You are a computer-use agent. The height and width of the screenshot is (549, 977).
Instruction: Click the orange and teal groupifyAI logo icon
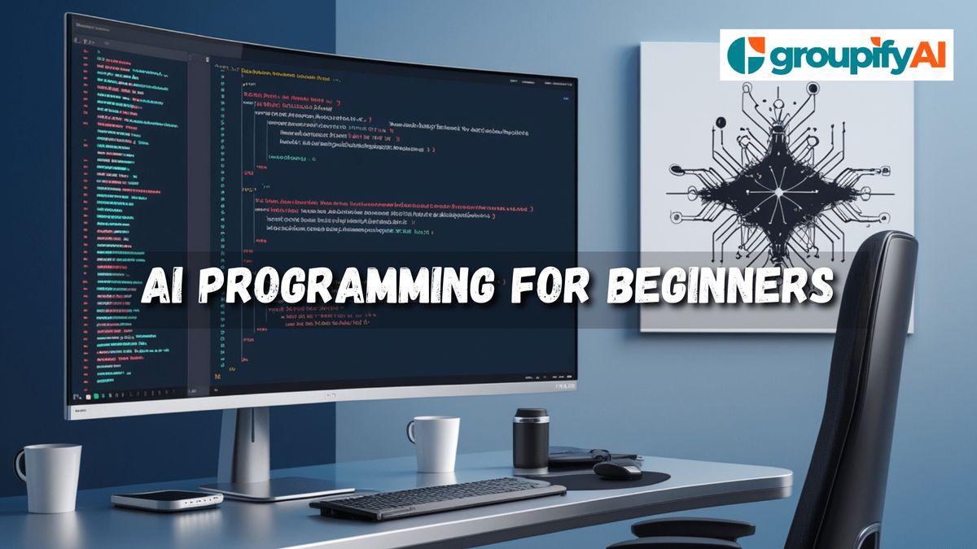click(x=743, y=55)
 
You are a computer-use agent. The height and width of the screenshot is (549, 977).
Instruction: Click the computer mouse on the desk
click(x=617, y=470)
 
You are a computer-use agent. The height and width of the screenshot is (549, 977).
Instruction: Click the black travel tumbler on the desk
click(x=531, y=439)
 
